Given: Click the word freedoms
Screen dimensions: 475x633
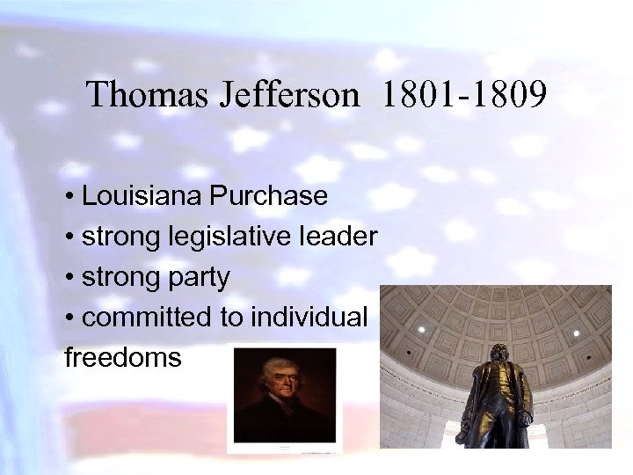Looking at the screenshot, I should pyautogui.click(x=123, y=358).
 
